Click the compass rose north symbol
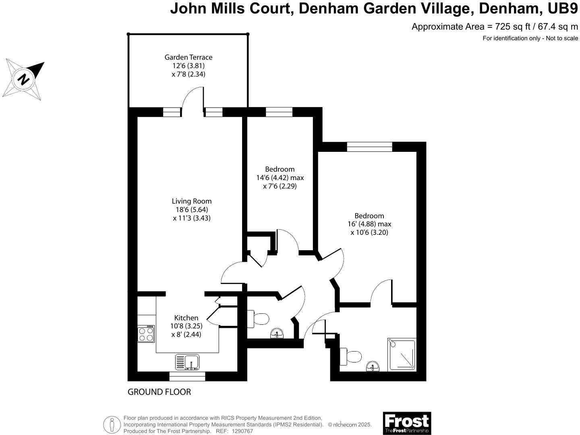click(24, 79)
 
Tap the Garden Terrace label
click(188, 57)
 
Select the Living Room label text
click(191, 201)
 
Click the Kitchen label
click(186, 318)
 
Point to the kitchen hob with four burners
click(146, 334)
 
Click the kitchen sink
click(187, 362)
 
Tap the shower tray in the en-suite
click(402, 355)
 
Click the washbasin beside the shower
click(373, 367)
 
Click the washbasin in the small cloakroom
click(277, 333)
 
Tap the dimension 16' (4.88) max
click(369, 224)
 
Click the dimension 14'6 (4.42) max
click(280, 178)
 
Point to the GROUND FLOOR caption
click(159, 392)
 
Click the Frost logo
click(406, 423)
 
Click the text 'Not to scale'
click(562, 38)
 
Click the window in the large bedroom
click(369, 147)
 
